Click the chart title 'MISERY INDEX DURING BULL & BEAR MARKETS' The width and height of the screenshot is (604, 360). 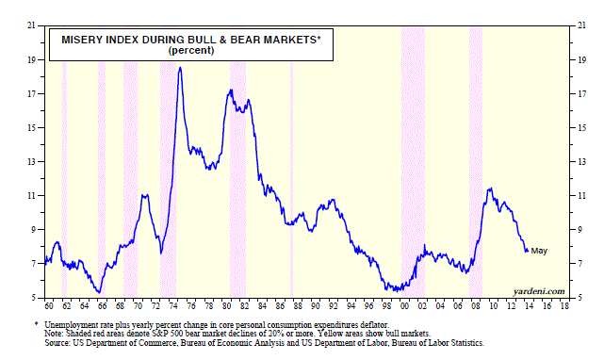[x=190, y=40]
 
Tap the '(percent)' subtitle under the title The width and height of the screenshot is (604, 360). [x=191, y=51]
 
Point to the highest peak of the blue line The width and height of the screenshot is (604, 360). [x=180, y=68]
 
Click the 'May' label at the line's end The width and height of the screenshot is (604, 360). [x=539, y=251]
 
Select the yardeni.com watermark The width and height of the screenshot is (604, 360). [x=539, y=291]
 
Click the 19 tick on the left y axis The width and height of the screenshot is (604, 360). [x=31, y=59]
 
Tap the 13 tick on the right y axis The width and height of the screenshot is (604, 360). [x=581, y=162]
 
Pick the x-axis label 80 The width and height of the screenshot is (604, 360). [x=227, y=306]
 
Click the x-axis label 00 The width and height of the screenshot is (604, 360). [x=404, y=306]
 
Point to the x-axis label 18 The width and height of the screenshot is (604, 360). [x=564, y=306]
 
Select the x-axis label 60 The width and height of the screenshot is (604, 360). [x=49, y=306]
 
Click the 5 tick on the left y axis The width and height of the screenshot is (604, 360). [x=33, y=298]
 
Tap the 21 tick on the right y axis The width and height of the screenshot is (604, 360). [x=581, y=25]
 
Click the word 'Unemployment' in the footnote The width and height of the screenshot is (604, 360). [x=68, y=325]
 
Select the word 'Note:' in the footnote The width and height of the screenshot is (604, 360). [x=53, y=334]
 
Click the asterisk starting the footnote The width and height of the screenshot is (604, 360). [x=36, y=324]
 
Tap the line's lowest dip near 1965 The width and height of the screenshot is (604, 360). [x=99, y=292]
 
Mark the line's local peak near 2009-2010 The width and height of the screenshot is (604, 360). [x=490, y=188]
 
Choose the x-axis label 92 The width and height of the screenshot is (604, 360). [x=334, y=306]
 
